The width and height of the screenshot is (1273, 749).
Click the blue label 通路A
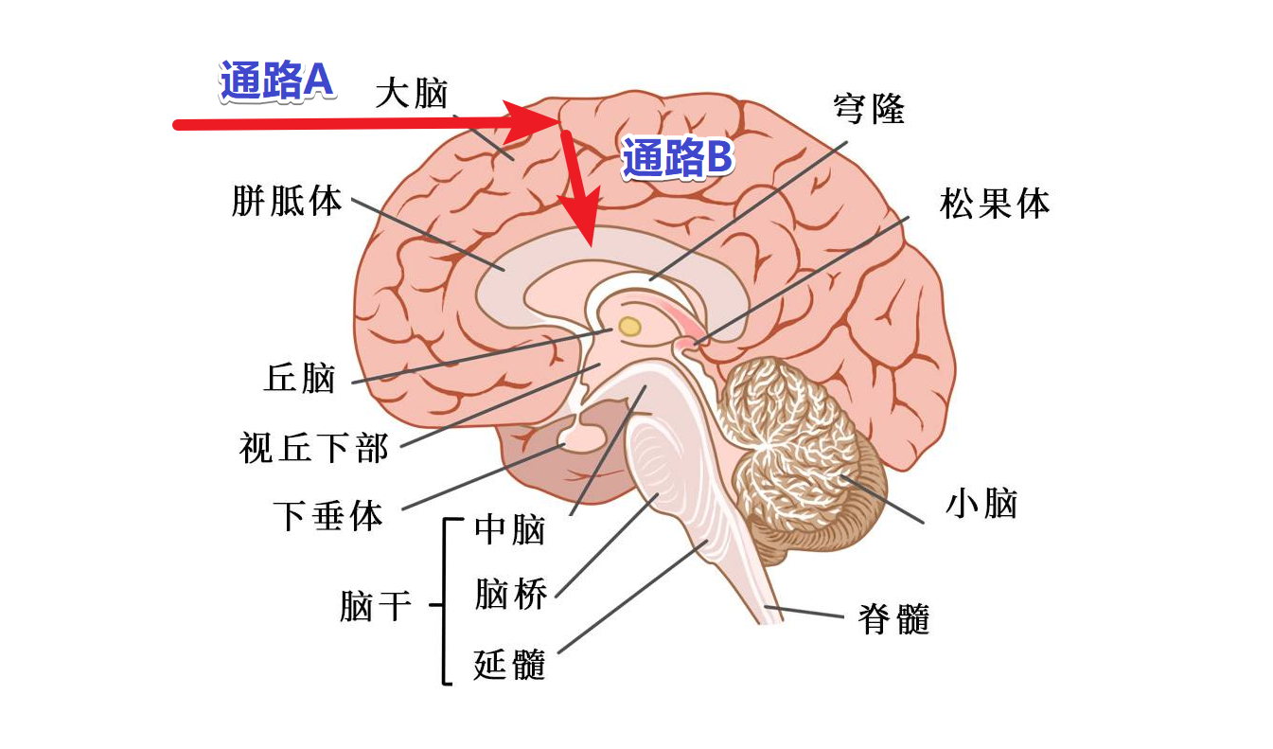pyautogui.click(x=275, y=81)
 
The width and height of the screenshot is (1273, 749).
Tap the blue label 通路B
pyautogui.click(x=677, y=159)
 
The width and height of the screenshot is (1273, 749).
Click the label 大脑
pyautogui.click(x=411, y=94)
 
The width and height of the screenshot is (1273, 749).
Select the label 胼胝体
pyautogui.click(x=287, y=201)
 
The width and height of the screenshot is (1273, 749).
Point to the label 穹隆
pyautogui.click(x=868, y=109)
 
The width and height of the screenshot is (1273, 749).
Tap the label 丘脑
pyautogui.click(x=300, y=379)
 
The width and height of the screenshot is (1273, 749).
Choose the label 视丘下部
pyautogui.click(x=314, y=448)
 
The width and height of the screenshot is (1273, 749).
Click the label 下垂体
pyautogui.click(x=327, y=516)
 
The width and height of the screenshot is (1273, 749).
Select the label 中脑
pyautogui.click(x=510, y=529)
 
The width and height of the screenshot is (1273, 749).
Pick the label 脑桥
pyautogui.click(x=510, y=596)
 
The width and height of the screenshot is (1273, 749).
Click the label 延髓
pyautogui.click(x=510, y=665)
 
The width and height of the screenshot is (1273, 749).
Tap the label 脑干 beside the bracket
pyautogui.click(x=376, y=606)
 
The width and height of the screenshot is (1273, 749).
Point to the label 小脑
pyautogui.click(x=981, y=504)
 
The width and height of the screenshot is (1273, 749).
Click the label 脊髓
pyautogui.click(x=893, y=619)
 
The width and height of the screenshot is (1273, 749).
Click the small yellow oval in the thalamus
pyautogui.click(x=629, y=328)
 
